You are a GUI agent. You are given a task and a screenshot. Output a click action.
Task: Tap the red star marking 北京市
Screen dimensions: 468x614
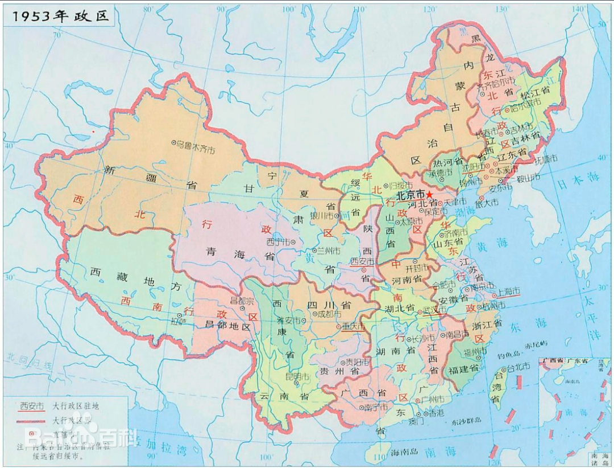point(437,195)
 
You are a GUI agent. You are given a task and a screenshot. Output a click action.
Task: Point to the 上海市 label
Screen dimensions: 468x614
point(505,291)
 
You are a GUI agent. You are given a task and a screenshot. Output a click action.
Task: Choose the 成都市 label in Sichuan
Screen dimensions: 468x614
point(328,314)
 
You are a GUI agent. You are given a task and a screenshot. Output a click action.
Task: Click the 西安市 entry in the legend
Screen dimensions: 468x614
point(32,406)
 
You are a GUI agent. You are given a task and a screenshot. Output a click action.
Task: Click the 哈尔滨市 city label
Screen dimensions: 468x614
point(521,106)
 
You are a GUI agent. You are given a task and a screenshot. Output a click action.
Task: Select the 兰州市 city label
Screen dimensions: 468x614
point(328,251)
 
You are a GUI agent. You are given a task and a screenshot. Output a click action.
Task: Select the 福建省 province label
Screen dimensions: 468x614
point(463,370)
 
